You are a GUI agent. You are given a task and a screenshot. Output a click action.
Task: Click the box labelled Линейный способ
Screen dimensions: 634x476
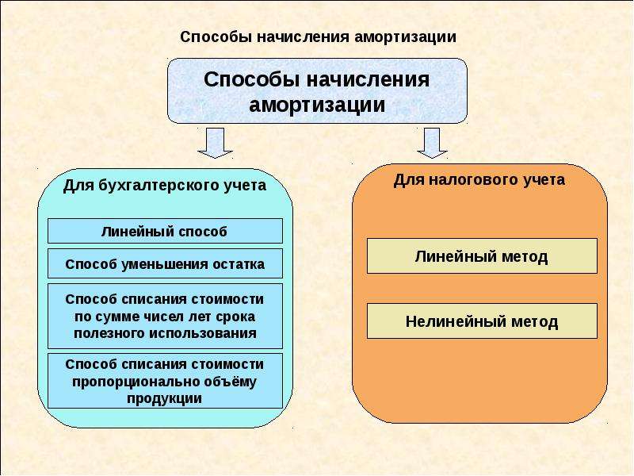(x=165, y=231)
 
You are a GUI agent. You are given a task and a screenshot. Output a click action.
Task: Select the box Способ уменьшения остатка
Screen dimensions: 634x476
(x=165, y=263)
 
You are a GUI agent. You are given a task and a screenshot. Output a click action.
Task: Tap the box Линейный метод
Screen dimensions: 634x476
(x=482, y=255)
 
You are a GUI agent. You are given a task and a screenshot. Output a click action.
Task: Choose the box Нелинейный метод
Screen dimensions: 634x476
(x=482, y=321)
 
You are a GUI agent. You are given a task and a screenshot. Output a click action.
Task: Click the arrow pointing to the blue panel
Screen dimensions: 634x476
(x=215, y=144)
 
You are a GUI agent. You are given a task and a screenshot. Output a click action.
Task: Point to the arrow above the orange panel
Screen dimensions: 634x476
(x=432, y=144)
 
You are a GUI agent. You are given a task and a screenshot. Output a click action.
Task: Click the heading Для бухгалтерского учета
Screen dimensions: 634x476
(x=165, y=186)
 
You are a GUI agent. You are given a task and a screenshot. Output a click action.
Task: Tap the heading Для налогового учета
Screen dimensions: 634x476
(x=479, y=179)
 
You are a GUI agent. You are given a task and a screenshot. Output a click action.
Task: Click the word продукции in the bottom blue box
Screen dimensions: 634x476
(x=165, y=398)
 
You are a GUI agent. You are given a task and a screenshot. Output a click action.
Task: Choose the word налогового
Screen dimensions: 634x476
(x=474, y=180)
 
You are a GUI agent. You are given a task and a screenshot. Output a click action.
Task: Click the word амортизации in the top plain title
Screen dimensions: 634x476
(x=405, y=36)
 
